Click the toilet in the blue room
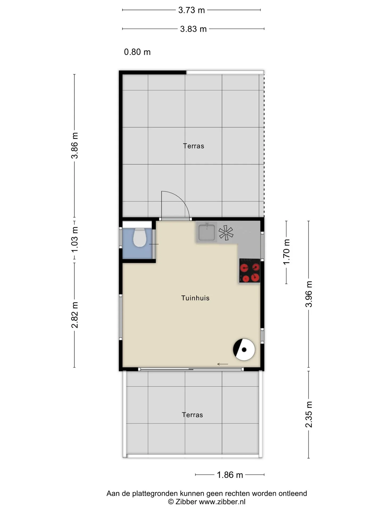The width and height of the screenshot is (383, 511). click(x=139, y=237)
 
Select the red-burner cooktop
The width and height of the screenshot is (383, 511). click(x=249, y=271)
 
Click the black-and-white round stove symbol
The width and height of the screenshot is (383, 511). click(x=244, y=350)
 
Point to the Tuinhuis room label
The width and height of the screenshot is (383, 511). click(x=195, y=298)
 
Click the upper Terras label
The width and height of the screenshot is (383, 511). click(x=193, y=146)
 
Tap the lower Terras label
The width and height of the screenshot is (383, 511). click(x=192, y=415)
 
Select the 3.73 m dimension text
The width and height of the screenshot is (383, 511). click(x=191, y=10)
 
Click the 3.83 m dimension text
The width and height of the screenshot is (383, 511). click(x=193, y=29)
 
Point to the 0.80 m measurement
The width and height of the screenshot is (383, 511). click(x=137, y=52)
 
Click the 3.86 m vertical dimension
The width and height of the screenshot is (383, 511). click(x=75, y=145)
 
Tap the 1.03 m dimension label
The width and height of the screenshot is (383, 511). click(x=75, y=240)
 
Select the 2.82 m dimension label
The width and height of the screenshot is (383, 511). click(x=75, y=315)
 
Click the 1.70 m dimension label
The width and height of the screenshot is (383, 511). click(x=286, y=252)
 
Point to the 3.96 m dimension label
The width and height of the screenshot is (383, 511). click(x=309, y=294)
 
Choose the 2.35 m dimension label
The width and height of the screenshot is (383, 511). click(x=309, y=414)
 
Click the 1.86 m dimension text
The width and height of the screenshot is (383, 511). click(x=230, y=475)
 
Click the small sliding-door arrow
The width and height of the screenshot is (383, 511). click(x=223, y=364)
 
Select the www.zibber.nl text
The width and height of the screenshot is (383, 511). click(x=222, y=502)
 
